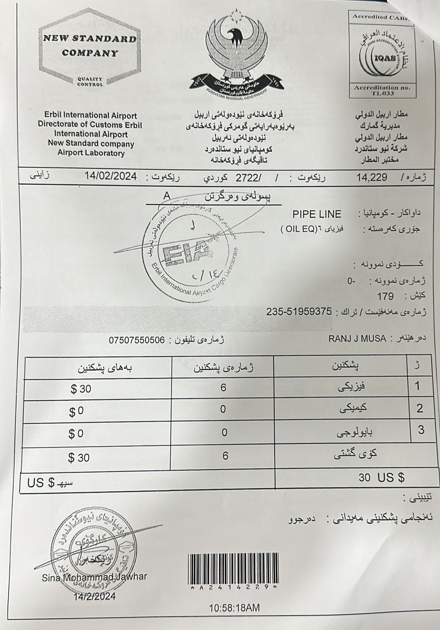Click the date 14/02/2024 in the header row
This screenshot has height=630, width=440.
pos(111,176)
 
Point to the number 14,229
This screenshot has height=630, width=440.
pos(372,177)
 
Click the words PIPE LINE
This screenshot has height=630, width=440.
pos(317,214)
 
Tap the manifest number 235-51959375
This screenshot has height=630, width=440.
pos(299,311)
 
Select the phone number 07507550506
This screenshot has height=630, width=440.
pos(137,340)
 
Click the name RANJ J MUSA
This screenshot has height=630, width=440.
pos(357,339)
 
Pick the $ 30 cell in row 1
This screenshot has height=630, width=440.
pos(81,389)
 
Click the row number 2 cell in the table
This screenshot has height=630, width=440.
pos(420,408)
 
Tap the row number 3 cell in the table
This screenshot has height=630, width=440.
pos(421,430)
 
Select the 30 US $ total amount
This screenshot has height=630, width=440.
pos(381,478)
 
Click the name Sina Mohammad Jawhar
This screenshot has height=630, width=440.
pos(94,577)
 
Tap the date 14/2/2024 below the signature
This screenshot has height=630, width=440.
pos(94,596)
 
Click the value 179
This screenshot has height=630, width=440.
pos(385,296)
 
